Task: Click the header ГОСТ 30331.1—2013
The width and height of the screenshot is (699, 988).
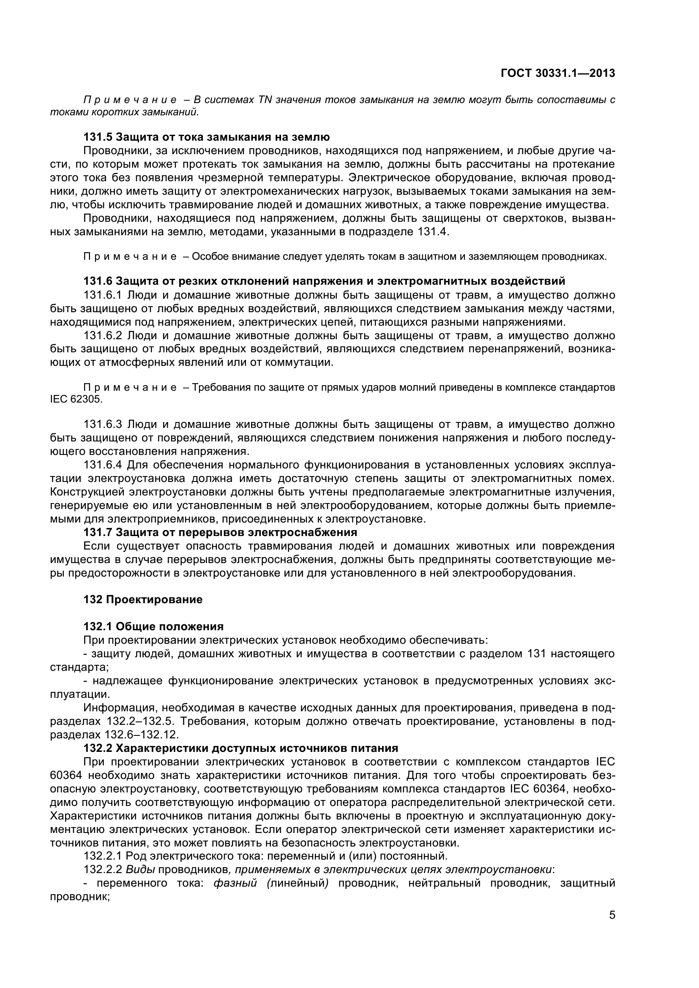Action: click(x=558, y=73)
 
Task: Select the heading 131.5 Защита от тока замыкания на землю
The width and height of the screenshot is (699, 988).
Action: click(x=207, y=137)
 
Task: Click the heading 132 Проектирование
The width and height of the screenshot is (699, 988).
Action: click(x=143, y=599)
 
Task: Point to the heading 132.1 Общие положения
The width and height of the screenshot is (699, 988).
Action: click(x=153, y=626)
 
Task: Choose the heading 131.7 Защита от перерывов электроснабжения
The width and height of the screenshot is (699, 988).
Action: click(x=220, y=532)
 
